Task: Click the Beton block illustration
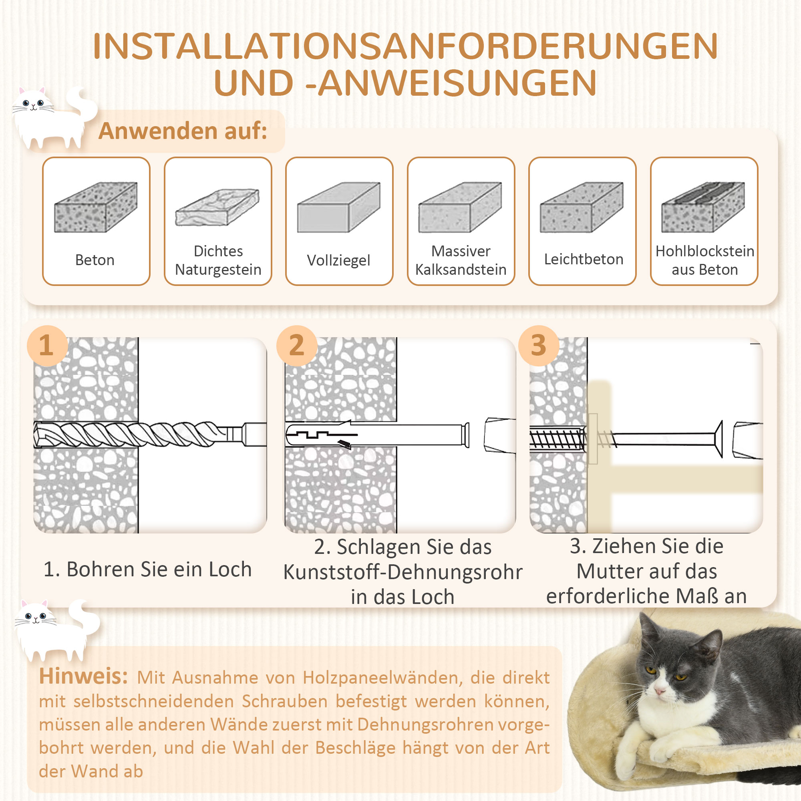pyautogui.click(x=96, y=207)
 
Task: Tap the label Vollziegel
pyautogui.click(x=339, y=260)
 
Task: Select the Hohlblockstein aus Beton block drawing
pyautogui.click(x=703, y=207)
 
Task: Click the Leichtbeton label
pyautogui.click(x=584, y=259)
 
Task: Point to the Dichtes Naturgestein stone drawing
pyautogui.click(x=217, y=207)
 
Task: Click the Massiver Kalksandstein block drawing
pyautogui.click(x=460, y=207)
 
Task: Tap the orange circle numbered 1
pyautogui.click(x=47, y=345)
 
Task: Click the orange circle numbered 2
pyautogui.click(x=296, y=345)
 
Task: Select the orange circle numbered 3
pyautogui.click(x=538, y=345)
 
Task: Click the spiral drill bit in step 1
pyautogui.click(x=133, y=434)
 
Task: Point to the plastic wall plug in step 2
pyautogui.click(x=373, y=435)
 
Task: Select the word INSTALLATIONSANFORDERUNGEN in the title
pyautogui.click(x=405, y=46)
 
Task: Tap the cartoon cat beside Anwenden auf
pyautogui.click(x=52, y=118)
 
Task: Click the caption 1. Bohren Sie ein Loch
pyautogui.click(x=148, y=569)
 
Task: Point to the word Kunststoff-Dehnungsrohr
pyautogui.click(x=403, y=572)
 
